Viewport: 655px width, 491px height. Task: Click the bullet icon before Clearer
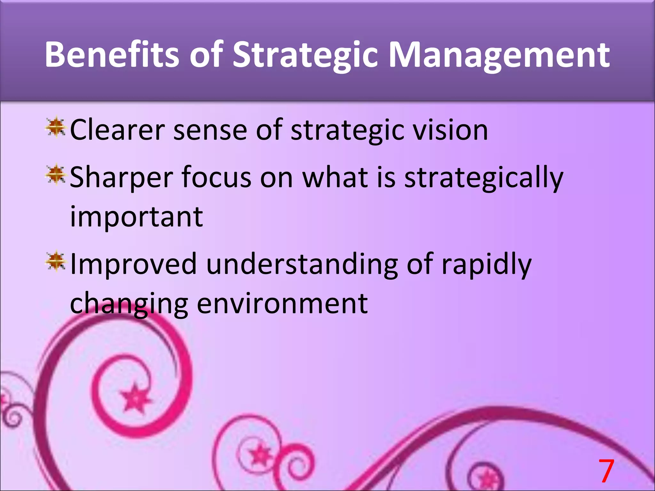click(x=56, y=127)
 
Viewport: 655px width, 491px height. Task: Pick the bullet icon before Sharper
click(x=56, y=175)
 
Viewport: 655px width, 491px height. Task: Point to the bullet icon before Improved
click(x=56, y=261)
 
